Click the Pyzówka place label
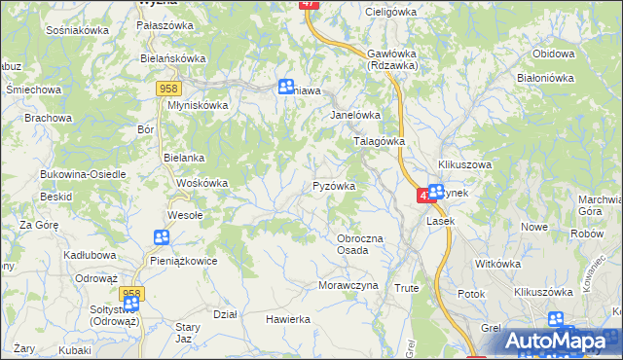tap(334, 185)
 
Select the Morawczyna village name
tap(348, 285)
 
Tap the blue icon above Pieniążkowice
tap(162, 237)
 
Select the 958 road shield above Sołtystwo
tap(131, 293)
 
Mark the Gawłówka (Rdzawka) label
tap(392, 59)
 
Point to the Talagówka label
tap(378, 141)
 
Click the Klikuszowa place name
tap(465, 164)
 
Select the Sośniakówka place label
tap(77, 30)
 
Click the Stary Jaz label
tap(190, 333)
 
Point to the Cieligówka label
tap(389, 12)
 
